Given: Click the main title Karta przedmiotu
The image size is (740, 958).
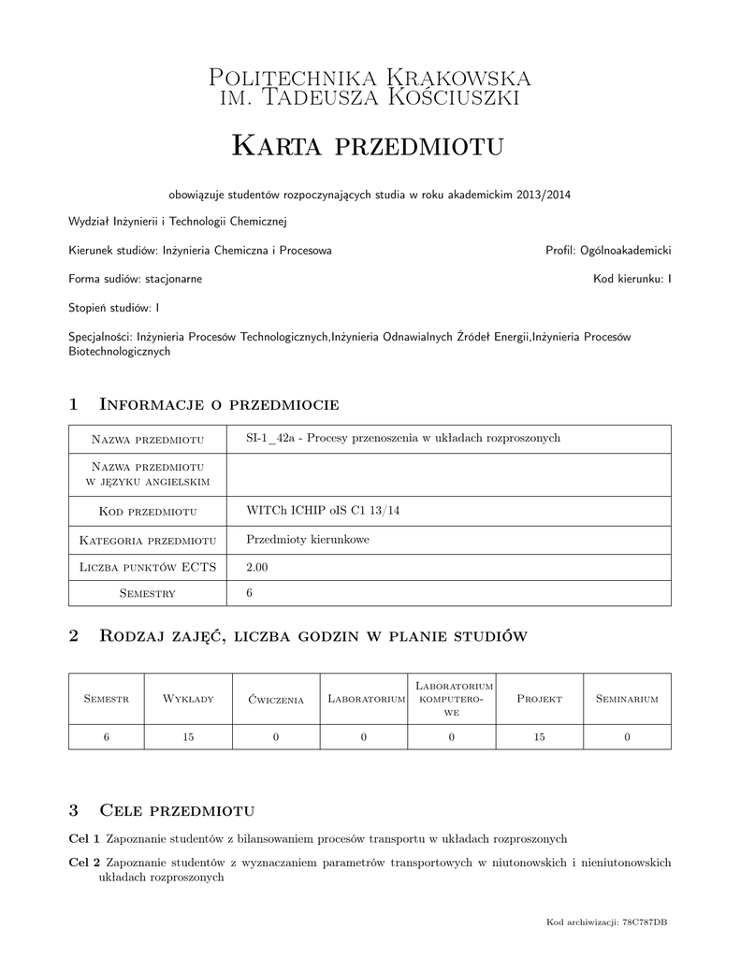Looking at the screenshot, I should [369, 146].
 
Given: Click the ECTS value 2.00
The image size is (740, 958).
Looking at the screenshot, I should [256, 567].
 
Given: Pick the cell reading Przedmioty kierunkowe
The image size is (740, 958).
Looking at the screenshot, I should [307, 539].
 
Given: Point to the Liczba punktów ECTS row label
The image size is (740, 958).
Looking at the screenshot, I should [149, 567].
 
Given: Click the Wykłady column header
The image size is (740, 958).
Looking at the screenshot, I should [189, 699].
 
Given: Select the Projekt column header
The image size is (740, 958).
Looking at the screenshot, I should [539, 699].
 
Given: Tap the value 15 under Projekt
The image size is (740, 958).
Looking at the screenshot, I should [539, 737].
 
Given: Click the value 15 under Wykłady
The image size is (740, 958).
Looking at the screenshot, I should [189, 737].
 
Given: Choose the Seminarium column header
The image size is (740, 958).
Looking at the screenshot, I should [627, 699].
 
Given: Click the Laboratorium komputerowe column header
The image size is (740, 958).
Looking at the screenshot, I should [451, 699].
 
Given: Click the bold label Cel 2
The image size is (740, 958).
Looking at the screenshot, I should [85, 863].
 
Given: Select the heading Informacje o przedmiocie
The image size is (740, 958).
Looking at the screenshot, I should [218, 404].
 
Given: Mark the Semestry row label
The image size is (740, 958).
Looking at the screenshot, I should [149, 594].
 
